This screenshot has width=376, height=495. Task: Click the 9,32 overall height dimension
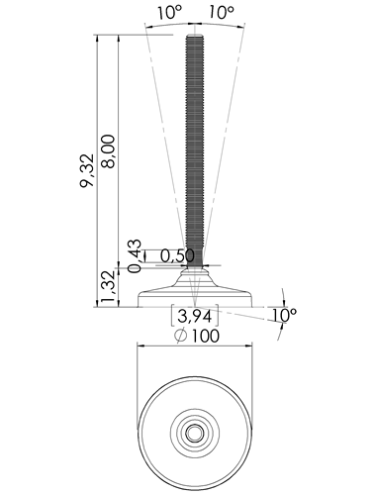tap(87, 170)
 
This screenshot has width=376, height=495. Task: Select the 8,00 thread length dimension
tap(109, 151)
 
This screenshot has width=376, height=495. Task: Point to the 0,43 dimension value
tap(135, 256)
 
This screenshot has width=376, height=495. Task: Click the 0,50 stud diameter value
tap(177, 256)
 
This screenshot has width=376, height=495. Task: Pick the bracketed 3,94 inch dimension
tap(195, 316)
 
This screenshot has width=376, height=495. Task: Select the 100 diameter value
tap(205, 336)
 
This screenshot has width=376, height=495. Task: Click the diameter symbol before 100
tap(181, 336)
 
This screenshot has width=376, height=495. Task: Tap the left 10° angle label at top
tap(169, 12)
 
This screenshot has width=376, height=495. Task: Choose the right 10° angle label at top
tap(222, 12)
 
